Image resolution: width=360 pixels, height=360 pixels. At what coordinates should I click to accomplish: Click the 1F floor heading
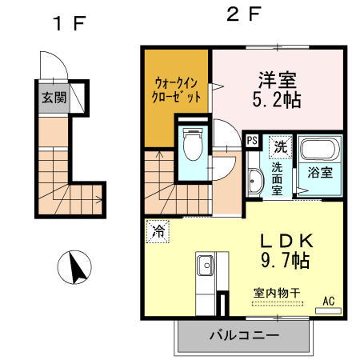click(69, 22)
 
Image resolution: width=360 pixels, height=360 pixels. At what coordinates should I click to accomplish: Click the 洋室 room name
click(276, 81)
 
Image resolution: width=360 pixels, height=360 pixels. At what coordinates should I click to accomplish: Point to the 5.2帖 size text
click(276, 101)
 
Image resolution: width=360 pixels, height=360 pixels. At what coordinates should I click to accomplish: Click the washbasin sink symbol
click(254, 181)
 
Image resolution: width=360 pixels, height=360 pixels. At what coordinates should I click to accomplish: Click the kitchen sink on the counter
click(203, 263)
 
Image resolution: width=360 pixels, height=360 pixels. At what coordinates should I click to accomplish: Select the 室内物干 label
click(276, 294)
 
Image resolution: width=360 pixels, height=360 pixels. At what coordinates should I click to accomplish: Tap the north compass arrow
click(78, 267)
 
